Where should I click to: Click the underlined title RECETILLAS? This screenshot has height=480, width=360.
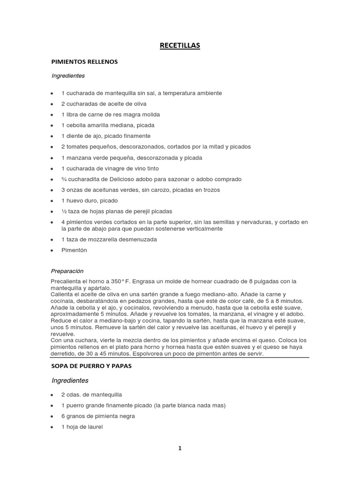(180, 45)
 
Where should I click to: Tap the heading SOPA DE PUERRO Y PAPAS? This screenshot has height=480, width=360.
(91, 366)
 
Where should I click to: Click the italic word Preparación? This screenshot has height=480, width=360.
(67, 270)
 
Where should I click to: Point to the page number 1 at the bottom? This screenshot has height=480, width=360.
(180, 448)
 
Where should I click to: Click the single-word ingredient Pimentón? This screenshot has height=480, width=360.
(74, 250)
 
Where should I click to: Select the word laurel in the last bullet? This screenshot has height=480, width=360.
(93, 427)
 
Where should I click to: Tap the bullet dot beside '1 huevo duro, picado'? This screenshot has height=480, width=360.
(52, 201)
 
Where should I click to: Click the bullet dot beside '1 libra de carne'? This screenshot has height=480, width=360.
(52, 114)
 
